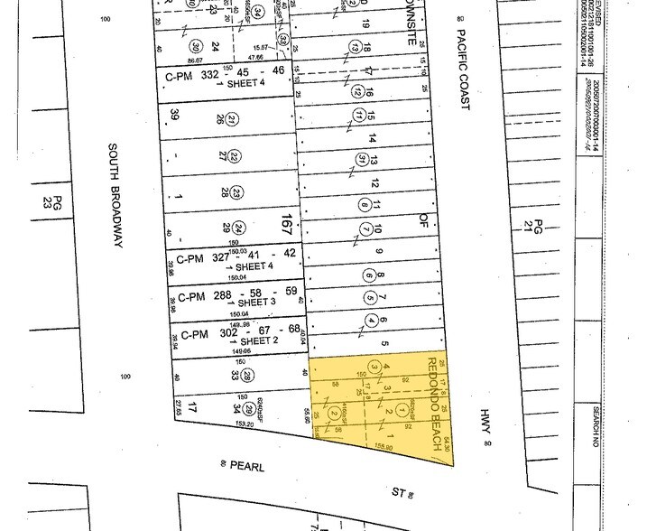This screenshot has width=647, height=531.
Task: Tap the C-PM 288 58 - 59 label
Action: click(233, 295)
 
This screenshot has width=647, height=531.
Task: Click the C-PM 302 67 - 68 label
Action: click(233, 334)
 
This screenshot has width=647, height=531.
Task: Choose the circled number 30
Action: click(194, 47)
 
